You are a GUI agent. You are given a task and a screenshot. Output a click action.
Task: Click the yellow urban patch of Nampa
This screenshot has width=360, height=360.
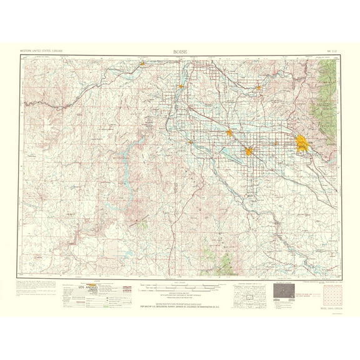point(249,151)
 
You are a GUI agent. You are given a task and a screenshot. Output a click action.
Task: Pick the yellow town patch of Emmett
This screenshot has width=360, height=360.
point(258,87)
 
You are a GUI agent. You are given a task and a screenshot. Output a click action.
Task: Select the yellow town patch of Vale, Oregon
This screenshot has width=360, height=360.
point(142,62)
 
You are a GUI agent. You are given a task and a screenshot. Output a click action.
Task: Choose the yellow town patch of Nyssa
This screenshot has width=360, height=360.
point(181,86)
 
